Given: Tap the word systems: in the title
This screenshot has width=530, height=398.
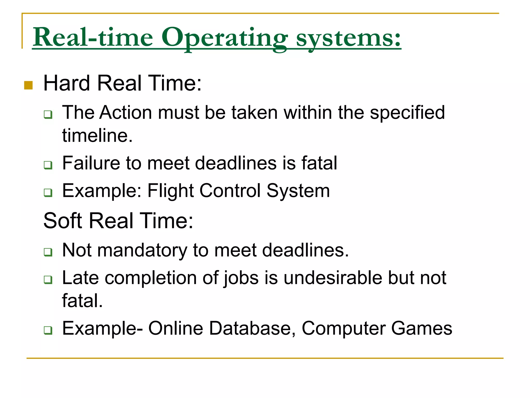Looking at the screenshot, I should pos(348,38).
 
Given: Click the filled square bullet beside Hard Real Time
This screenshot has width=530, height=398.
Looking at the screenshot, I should pos(28,85).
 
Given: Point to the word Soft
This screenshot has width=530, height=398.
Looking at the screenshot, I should pos(62,221).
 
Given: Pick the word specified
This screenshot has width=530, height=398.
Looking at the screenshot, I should pos(407,113).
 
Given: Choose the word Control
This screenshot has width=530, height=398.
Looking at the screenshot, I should pos(230,191).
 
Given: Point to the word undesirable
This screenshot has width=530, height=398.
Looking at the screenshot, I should pos(333,278).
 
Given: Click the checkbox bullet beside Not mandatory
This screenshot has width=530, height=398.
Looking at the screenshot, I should pos(48,252).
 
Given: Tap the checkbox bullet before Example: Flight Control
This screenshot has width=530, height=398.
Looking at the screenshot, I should pos(48,193).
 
